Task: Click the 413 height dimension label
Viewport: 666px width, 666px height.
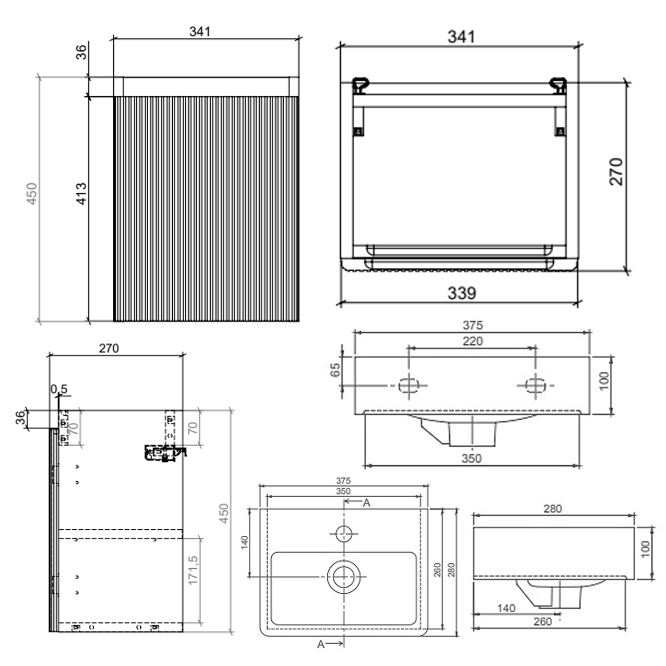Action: [82, 194]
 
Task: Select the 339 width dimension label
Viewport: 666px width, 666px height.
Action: [462, 293]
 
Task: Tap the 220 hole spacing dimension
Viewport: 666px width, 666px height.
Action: [472, 341]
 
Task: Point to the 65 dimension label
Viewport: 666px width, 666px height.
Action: [335, 370]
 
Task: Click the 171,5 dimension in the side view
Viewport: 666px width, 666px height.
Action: [193, 570]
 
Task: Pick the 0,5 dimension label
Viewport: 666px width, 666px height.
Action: [59, 389]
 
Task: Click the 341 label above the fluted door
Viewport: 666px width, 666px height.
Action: [200, 32]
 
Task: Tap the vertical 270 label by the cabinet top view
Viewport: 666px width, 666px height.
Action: [616, 171]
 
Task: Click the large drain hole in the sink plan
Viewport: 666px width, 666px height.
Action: [343, 576]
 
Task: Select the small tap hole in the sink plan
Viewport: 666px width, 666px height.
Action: [344, 533]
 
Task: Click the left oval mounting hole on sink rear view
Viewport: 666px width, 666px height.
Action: [409, 385]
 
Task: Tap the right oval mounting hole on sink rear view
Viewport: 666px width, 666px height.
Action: [535, 385]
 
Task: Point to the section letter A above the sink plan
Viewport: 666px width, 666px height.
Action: [366, 503]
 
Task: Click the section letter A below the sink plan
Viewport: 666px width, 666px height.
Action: [321, 644]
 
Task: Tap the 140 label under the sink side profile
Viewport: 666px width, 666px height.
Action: [506, 608]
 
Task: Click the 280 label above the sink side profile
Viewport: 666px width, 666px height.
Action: [553, 508]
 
